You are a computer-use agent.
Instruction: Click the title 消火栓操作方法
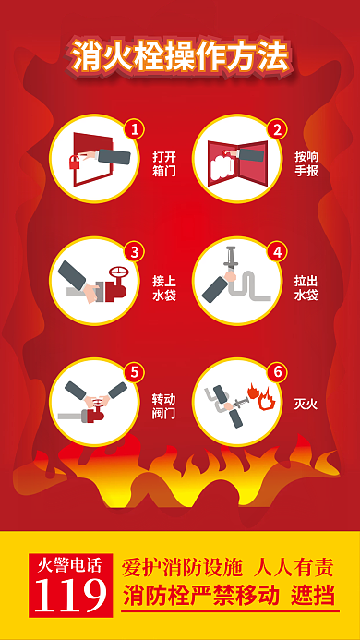tap(180, 56)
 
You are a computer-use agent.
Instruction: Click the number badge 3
tap(135, 251)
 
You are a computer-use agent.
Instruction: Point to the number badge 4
tap(275, 251)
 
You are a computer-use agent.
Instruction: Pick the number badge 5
tap(135, 372)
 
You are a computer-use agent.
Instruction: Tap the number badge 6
tap(275, 372)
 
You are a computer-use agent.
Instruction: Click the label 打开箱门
tap(164, 163)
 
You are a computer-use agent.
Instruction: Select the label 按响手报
tap(306, 163)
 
